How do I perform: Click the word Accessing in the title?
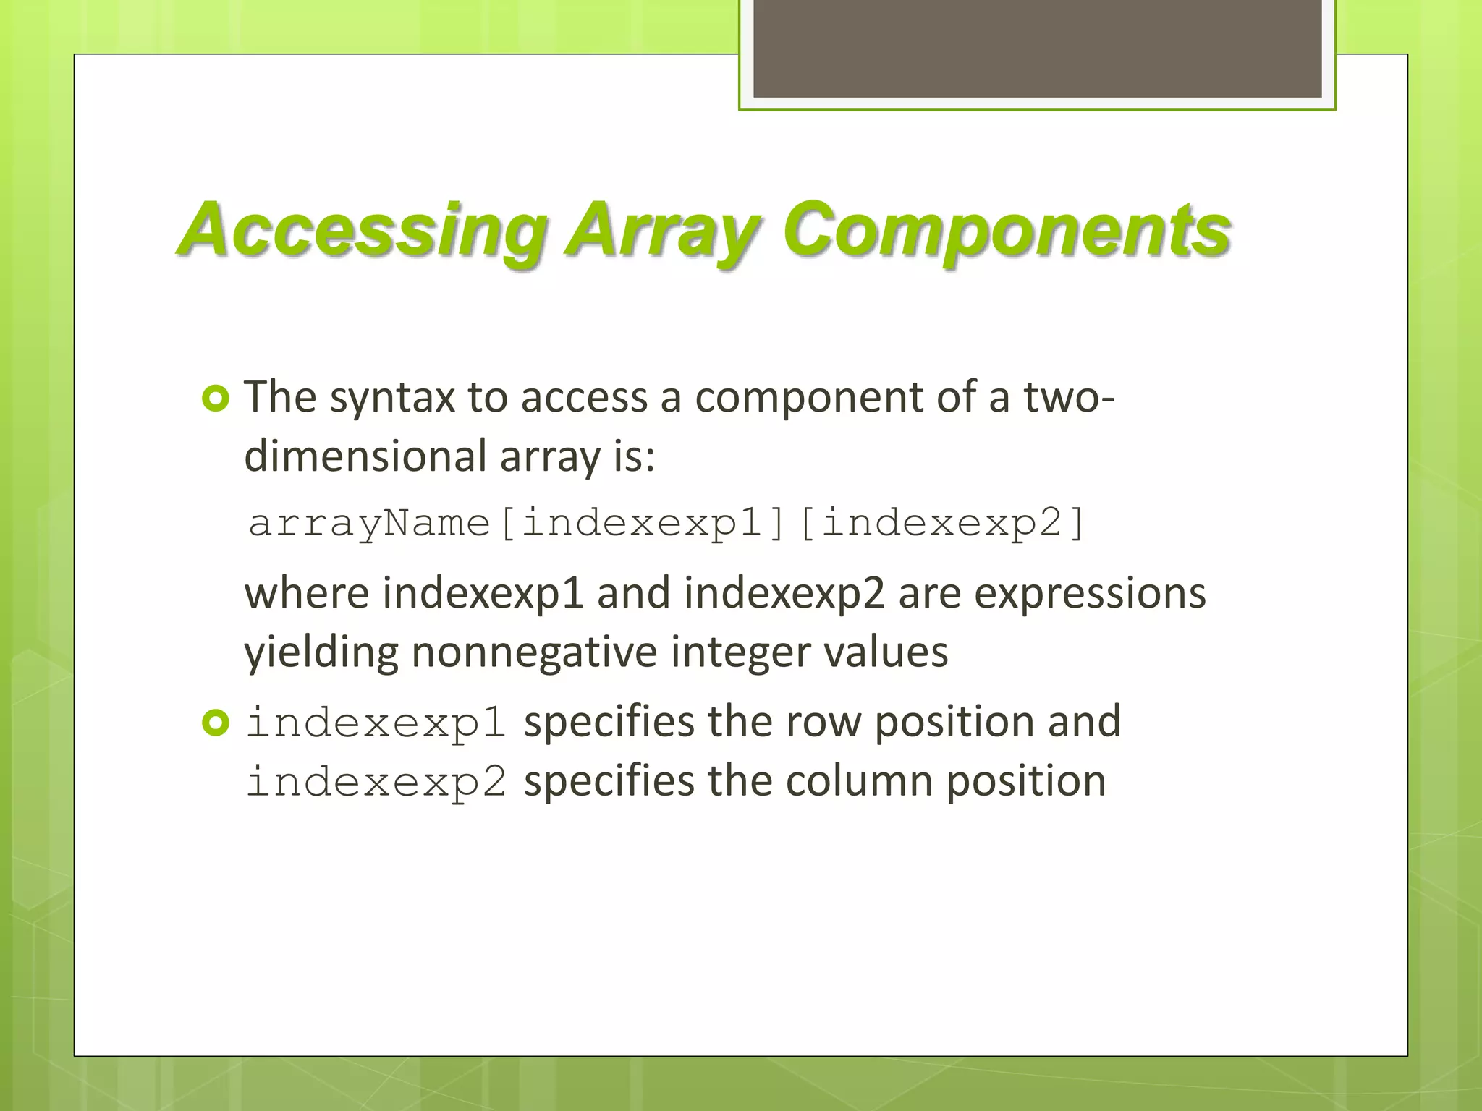(362, 230)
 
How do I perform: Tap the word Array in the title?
(662, 230)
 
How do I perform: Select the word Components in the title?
(1006, 230)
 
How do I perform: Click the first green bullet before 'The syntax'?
(216, 399)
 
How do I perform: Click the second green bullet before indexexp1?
(216, 723)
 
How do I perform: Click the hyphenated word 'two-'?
(1069, 397)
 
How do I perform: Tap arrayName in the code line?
(369, 523)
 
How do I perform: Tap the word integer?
(740, 652)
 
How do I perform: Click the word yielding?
(321, 652)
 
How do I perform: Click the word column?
(859, 782)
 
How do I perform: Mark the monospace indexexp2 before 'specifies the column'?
(376, 782)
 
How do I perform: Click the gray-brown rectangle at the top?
(1037, 48)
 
